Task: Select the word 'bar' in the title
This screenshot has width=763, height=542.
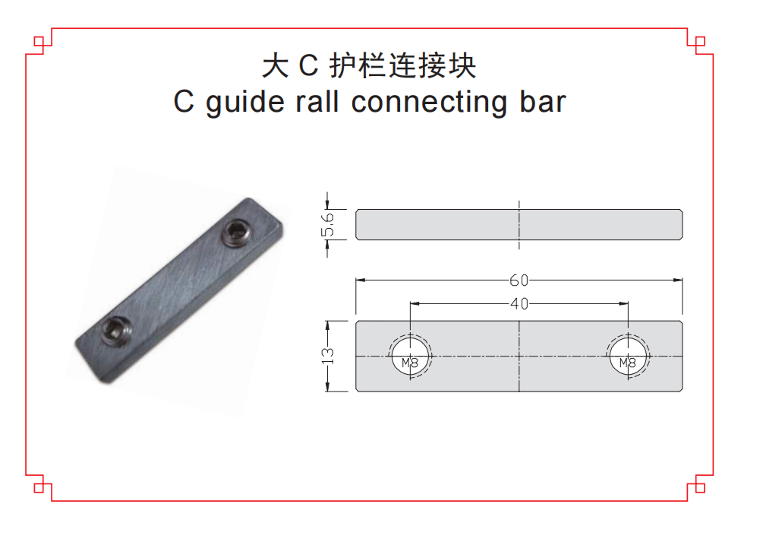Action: pos(542,102)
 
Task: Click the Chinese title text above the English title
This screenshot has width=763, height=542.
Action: pos(369,66)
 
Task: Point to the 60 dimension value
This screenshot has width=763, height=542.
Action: pos(519,280)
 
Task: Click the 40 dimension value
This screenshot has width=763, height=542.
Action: pos(519,304)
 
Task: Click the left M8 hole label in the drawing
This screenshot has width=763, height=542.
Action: pos(410,363)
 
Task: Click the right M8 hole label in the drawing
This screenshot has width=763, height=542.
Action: pos(627,363)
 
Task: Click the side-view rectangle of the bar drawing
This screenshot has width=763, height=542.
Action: pos(456,225)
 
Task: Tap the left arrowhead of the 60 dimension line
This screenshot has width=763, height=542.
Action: pos(361,280)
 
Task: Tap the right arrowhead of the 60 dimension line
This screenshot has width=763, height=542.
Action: pos(678,280)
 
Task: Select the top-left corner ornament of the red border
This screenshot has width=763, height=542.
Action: pos(40,41)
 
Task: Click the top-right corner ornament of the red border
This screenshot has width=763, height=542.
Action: pos(699,41)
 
